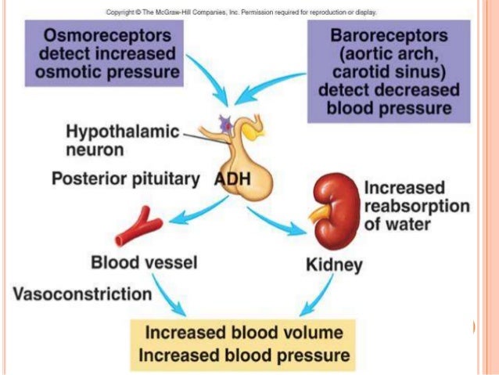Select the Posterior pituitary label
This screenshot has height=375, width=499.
[125, 178]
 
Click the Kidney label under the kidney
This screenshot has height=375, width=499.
[333, 265]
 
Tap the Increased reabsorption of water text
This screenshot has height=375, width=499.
[417, 206]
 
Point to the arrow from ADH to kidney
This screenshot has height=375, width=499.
[276, 218]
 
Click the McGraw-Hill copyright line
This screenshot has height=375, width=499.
[242, 13]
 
